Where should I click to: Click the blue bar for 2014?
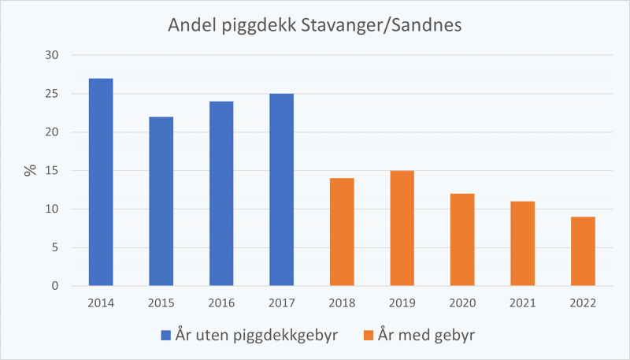click(x=101, y=182)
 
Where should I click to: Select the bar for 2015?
click(x=161, y=201)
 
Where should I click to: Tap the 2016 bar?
click(x=221, y=194)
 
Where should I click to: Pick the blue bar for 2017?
click(x=281, y=190)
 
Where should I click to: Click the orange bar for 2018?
click(x=342, y=232)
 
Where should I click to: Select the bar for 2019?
click(x=402, y=228)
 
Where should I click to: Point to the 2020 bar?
click(x=462, y=239)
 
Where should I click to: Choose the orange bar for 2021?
click(x=522, y=243)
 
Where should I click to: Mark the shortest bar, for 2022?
click(x=583, y=251)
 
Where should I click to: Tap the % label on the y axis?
click(x=31, y=170)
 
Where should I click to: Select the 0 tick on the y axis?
click(x=56, y=286)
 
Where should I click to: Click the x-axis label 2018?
click(x=342, y=303)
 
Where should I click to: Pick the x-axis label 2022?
click(x=583, y=303)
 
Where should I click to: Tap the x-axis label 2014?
click(x=101, y=303)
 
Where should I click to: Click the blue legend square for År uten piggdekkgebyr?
click(x=165, y=336)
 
